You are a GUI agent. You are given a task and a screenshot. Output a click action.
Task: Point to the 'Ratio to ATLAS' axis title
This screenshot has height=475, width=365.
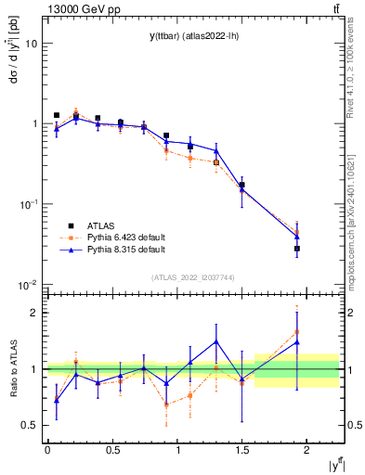12,369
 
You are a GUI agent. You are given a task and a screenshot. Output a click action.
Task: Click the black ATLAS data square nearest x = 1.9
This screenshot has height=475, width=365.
297,249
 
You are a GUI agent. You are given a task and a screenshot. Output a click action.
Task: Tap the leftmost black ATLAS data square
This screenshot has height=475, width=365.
57,115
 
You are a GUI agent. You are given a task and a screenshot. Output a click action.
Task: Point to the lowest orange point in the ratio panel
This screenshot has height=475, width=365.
166,404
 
